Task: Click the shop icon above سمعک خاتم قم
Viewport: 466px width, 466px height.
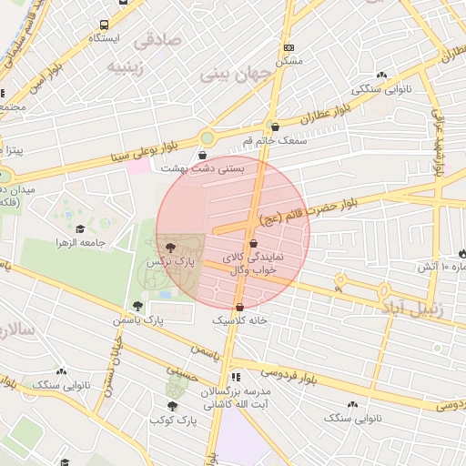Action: (275, 127)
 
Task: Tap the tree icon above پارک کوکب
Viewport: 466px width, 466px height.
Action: (173, 406)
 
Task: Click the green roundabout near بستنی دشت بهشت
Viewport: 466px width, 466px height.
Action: (207, 138)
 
